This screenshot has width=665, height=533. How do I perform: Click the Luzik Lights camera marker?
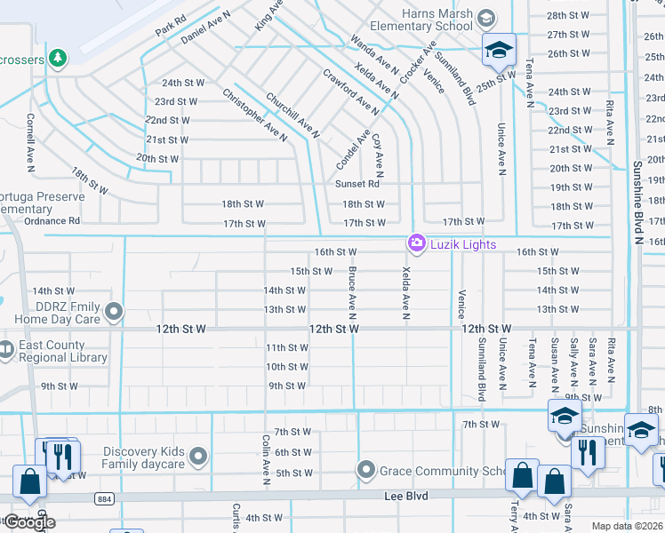pyautogui.click(x=415, y=243)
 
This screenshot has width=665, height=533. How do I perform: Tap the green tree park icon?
pyautogui.click(x=59, y=58)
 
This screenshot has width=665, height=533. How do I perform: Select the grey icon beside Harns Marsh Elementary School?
pyautogui.click(x=485, y=18)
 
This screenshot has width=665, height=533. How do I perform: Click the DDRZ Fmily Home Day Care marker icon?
pyautogui.click(x=114, y=311)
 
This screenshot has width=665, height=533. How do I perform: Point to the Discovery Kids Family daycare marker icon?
pyautogui.click(x=199, y=457)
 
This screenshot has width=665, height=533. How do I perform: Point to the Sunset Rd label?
pyautogui.click(x=357, y=184)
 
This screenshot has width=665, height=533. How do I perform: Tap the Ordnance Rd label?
pyautogui.click(x=52, y=220)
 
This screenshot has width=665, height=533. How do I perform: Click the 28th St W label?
pyautogui.click(x=569, y=16)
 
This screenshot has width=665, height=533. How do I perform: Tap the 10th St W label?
pyautogui.click(x=287, y=367)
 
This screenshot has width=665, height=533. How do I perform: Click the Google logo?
pyautogui.click(x=28, y=522)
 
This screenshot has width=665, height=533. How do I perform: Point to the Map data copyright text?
pyautogui.click(x=628, y=526)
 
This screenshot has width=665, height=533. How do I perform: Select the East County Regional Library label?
pyautogui.click(x=60, y=352)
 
